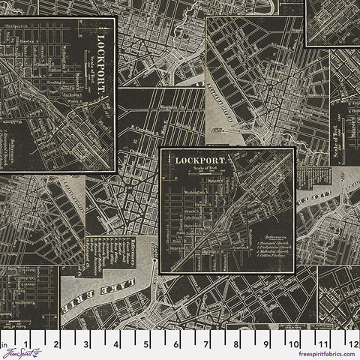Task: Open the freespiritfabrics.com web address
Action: point(328,355)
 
